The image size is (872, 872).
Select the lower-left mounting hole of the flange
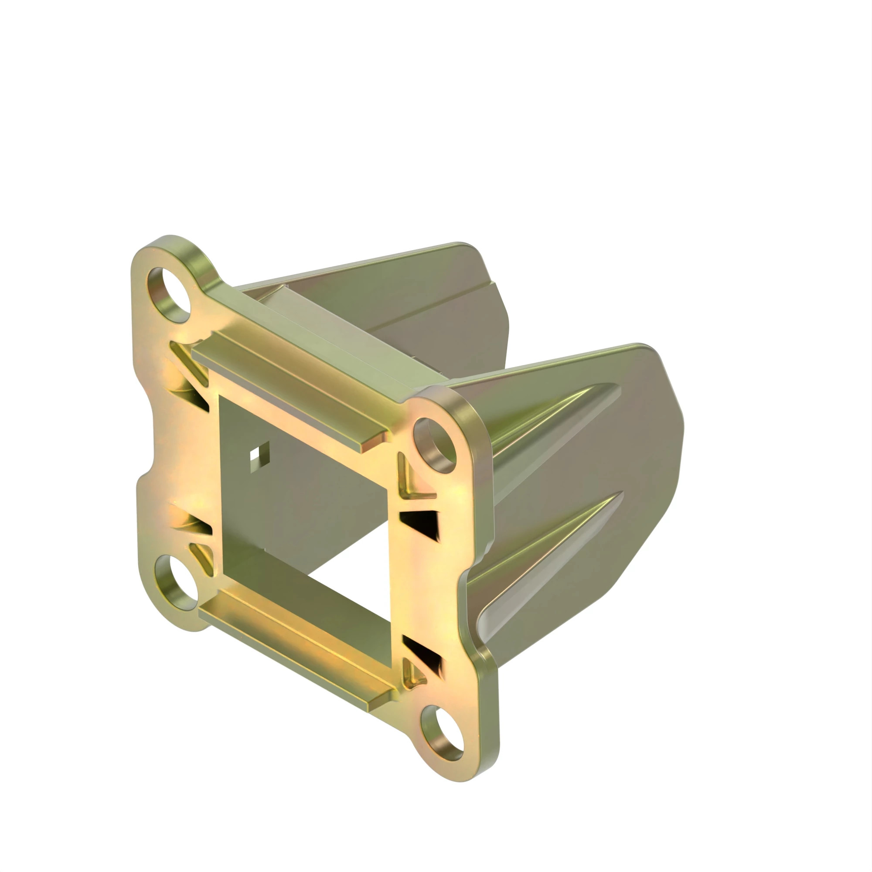[177, 582]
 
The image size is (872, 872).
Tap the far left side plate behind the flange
[406, 307]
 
